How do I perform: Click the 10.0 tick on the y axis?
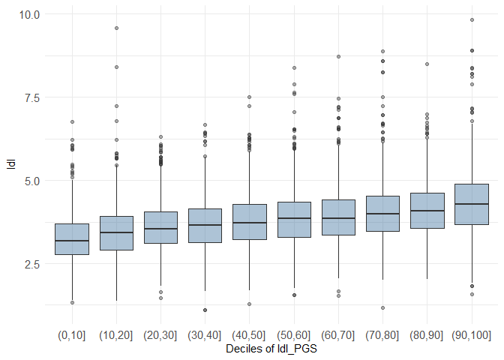30,14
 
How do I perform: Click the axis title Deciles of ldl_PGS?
271,349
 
